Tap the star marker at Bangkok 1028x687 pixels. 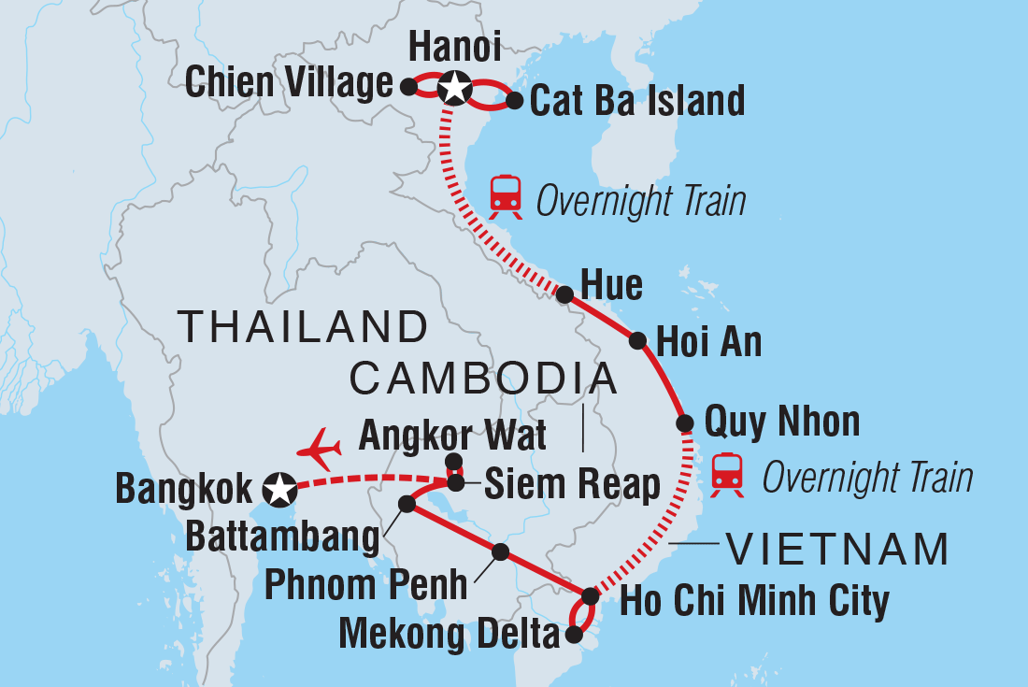point(278,487)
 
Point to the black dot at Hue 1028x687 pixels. point(564,294)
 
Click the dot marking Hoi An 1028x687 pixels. point(637,341)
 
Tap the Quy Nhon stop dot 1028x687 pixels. point(685,423)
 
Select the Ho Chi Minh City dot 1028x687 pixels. point(590,595)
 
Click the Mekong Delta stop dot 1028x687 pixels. point(574,636)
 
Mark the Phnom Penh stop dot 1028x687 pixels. point(501,552)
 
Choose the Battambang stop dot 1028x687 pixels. point(407,504)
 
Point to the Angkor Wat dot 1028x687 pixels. point(453,461)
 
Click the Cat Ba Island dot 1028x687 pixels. point(513,101)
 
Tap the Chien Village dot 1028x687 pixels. point(407,86)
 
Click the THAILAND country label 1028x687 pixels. point(303,327)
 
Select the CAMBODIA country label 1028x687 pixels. point(483,379)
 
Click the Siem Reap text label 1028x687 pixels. point(570,485)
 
